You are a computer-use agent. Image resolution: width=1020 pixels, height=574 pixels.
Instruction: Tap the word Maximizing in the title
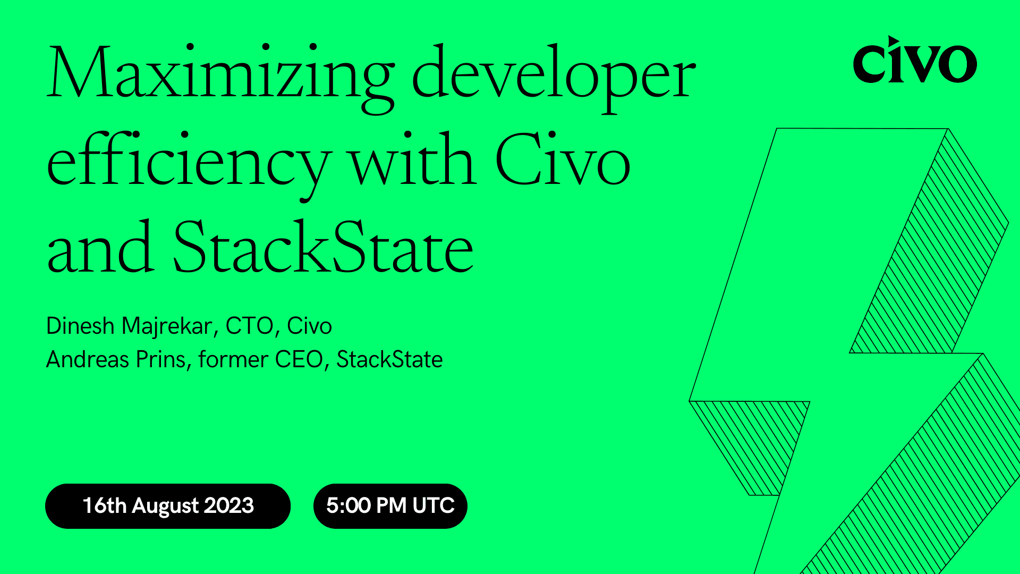[x=220, y=74]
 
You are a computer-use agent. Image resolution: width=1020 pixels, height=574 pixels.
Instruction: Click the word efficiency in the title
[x=189, y=162]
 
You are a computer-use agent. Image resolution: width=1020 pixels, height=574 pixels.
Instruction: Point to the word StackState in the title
[x=323, y=249]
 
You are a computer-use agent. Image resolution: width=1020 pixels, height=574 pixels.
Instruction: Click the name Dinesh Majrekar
[x=130, y=326]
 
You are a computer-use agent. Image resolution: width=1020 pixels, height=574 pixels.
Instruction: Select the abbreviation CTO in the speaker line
[x=249, y=326]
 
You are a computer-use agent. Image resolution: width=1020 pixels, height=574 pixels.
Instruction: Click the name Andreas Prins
[x=116, y=360]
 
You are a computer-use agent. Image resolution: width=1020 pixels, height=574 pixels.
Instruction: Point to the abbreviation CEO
[x=299, y=360]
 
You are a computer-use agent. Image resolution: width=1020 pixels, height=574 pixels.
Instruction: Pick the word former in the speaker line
[x=233, y=360]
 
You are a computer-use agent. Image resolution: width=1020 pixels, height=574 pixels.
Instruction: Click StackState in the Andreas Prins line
[x=389, y=360]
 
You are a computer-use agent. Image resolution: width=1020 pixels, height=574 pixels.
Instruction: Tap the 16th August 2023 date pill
[x=168, y=506]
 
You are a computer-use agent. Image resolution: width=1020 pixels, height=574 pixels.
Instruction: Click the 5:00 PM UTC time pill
[x=390, y=506]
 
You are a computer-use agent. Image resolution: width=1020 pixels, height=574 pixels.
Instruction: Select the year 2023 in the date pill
[x=229, y=506]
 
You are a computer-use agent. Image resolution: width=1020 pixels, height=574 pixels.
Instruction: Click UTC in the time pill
[x=433, y=506]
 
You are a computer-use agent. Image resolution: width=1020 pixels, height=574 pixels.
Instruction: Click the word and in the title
[x=101, y=249]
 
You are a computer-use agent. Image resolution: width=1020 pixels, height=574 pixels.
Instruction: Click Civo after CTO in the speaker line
[x=309, y=326]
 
